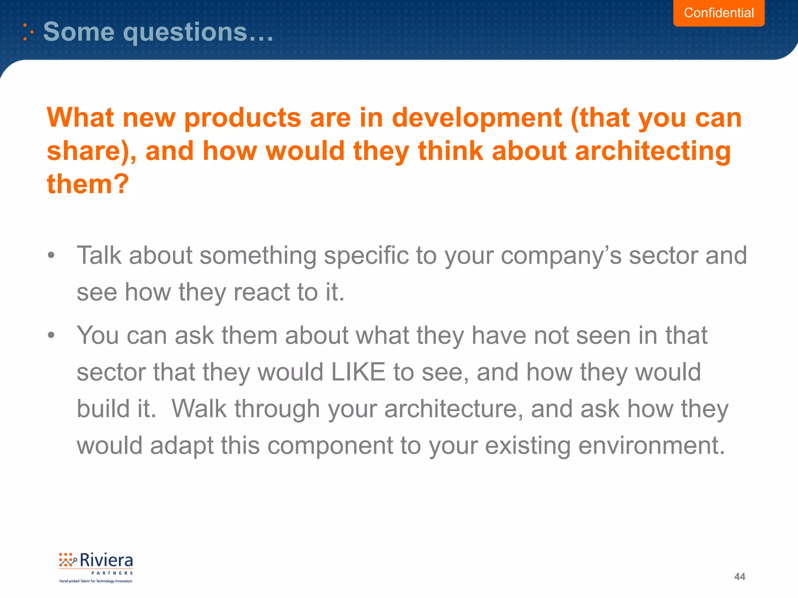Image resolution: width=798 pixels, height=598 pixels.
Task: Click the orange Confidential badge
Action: [x=719, y=13]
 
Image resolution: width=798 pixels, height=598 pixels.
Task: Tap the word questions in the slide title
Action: [x=185, y=32]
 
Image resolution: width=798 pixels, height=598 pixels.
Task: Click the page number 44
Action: [x=740, y=577]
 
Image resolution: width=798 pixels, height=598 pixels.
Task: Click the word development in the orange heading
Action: [x=477, y=118]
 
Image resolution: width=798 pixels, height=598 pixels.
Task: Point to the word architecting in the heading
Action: [x=653, y=151]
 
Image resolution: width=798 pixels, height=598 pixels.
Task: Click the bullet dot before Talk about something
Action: [x=51, y=256]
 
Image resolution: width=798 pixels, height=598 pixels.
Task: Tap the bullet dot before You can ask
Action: [x=51, y=335]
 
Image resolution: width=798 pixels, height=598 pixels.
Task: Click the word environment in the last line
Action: [x=651, y=445]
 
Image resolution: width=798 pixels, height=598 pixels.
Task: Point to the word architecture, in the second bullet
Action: [x=454, y=409]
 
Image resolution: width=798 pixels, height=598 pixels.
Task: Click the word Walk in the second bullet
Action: [x=199, y=409]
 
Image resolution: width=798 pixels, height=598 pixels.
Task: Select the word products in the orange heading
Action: [x=242, y=118]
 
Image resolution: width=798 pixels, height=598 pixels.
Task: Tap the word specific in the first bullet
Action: [x=366, y=256]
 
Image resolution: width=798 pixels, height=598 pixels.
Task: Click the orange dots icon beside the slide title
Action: [x=28, y=32]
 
